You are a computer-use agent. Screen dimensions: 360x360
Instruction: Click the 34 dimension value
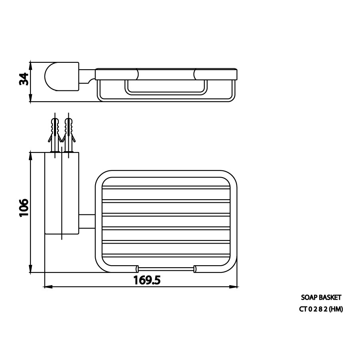24,79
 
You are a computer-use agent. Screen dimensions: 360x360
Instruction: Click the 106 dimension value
24,208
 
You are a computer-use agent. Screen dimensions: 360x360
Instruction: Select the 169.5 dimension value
147,280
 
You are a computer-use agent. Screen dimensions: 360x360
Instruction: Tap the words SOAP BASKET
321,298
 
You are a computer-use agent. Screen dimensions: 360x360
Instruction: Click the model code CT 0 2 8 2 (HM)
321,309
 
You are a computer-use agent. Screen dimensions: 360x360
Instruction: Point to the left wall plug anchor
55,135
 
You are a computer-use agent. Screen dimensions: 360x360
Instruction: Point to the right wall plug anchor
69,135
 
